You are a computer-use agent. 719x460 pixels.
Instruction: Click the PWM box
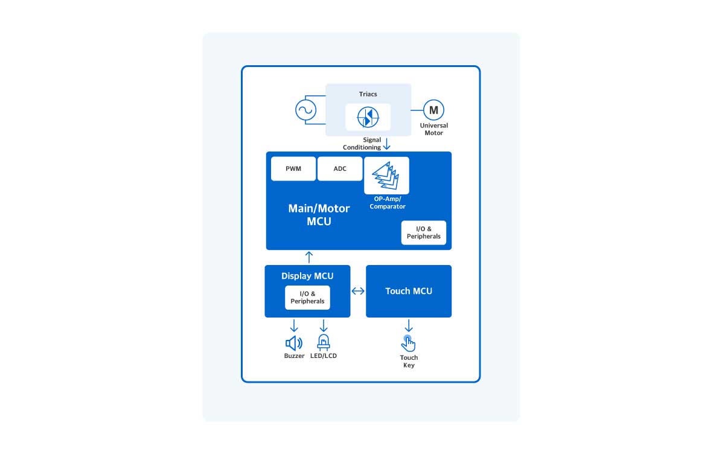[293, 169]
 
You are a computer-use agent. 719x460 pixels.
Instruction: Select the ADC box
[340, 169]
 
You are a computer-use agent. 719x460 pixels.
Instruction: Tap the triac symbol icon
[368, 117]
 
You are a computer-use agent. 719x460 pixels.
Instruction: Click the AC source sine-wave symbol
[305, 110]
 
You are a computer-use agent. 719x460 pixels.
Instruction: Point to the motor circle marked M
[433, 110]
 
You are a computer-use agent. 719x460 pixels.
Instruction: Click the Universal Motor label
[433, 129]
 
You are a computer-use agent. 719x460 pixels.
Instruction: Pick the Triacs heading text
[368, 94]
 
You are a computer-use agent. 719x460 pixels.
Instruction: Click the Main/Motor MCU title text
[319, 215]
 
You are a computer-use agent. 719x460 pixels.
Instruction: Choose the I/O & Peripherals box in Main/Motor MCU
[424, 232]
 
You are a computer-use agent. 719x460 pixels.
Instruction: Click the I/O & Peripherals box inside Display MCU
[307, 297]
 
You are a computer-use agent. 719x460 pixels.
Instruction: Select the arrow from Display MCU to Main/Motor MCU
[309, 257]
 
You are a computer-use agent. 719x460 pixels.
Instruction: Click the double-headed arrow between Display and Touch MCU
[358, 291]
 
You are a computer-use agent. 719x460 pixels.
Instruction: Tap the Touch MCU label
[409, 291]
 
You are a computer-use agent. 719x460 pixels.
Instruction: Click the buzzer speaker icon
[294, 343]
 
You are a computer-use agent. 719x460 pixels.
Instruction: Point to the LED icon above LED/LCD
[324, 342]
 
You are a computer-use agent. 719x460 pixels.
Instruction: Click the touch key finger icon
[409, 343]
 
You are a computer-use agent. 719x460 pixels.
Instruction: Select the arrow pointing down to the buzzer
[294, 325]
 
